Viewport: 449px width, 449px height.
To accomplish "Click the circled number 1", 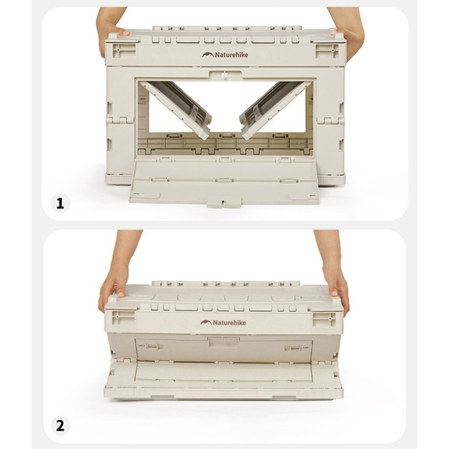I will click(60, 203).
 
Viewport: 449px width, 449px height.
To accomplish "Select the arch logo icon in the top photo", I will click(207, 55).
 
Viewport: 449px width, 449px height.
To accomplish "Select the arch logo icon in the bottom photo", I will click(206, 322).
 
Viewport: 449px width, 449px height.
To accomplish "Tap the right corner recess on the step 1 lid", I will click(327, 51).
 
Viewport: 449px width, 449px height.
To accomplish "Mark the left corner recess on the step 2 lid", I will click(122, 318).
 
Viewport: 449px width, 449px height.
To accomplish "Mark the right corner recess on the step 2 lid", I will click(324, 319).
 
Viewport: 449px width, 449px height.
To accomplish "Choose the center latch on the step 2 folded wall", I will click(224, 341).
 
